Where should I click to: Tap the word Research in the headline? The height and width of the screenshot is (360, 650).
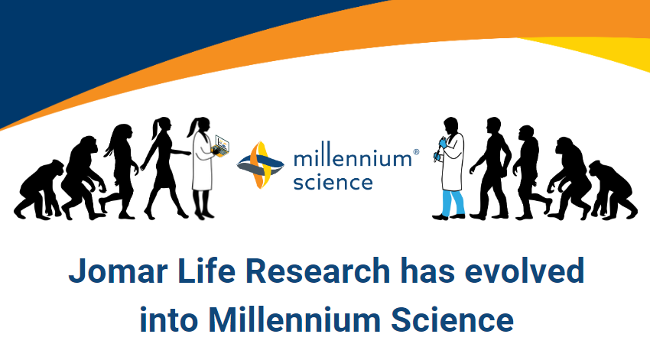318,271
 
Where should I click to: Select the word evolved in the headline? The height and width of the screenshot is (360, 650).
525,271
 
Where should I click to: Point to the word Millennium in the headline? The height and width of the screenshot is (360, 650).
294,319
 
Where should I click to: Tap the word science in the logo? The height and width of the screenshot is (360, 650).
333,182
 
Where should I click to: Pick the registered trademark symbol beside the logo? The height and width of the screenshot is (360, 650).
416,152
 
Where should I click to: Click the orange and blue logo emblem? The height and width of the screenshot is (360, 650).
260,165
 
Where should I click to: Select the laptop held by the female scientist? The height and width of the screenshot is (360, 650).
220,145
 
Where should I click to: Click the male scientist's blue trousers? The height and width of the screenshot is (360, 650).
453,203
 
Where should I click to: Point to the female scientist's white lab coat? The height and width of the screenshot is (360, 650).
202,161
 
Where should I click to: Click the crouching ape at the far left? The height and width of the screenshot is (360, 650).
38,190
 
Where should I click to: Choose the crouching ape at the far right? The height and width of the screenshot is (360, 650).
613,190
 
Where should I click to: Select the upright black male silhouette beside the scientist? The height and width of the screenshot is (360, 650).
490,168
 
